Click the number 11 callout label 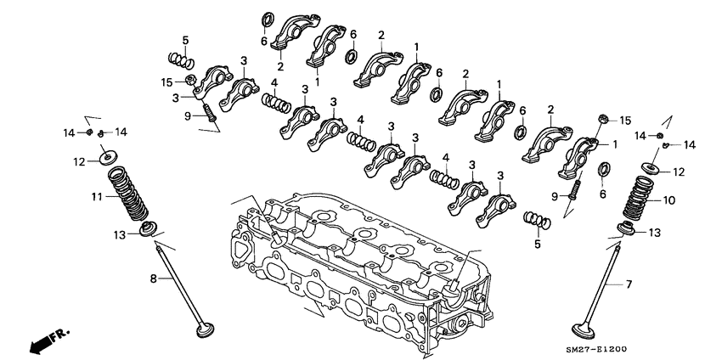click(97, 197)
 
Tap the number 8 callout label click(154, 278)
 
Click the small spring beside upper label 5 click(181, 60)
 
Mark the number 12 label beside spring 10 click(678, 172)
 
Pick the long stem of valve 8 click(178, 279)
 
